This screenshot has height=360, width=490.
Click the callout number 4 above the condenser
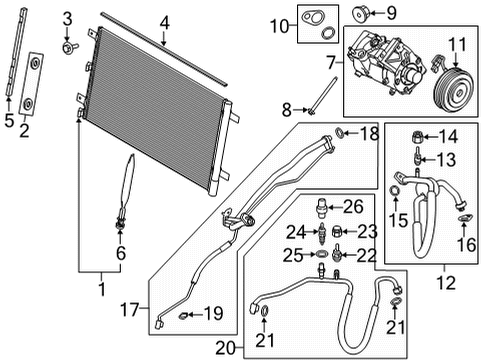tap(164, 20)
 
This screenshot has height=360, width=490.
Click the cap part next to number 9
tap(361, 14)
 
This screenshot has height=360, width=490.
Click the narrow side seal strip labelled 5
tap(14, 59)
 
